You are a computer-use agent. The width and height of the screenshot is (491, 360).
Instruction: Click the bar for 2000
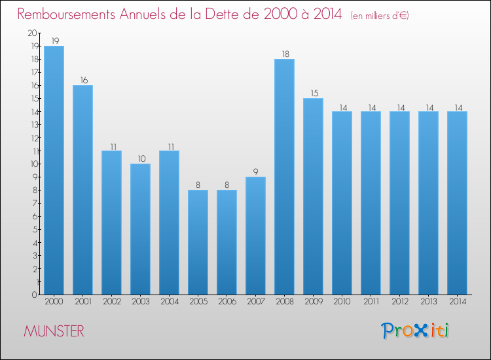pos(54,170)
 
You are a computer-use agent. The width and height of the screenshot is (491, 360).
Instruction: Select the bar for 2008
pos(284,177)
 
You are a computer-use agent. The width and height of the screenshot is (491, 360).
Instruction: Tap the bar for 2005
pos(198,242)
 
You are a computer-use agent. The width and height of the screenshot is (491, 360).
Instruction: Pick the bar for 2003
pos(140,229)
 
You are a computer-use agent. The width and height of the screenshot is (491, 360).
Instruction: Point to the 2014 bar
pos(457,203)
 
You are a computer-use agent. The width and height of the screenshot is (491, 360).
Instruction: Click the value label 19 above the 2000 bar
pos(54,41)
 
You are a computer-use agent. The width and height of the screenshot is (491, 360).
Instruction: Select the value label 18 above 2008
pos(284,54)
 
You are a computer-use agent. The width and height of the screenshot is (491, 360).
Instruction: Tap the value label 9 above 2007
pos(255,171)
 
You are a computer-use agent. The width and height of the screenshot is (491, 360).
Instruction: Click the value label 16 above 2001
pos(82,80)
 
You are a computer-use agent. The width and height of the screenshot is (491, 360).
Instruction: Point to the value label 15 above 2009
pos(313,93)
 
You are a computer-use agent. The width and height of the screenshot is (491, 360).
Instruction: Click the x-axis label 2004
pos(169,302)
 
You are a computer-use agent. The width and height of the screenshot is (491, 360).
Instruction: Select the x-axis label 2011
pos(371,302)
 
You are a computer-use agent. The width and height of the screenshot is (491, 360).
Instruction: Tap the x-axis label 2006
pos(227,302)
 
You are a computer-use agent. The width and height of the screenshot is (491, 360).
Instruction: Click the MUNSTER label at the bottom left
pos(54,331)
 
